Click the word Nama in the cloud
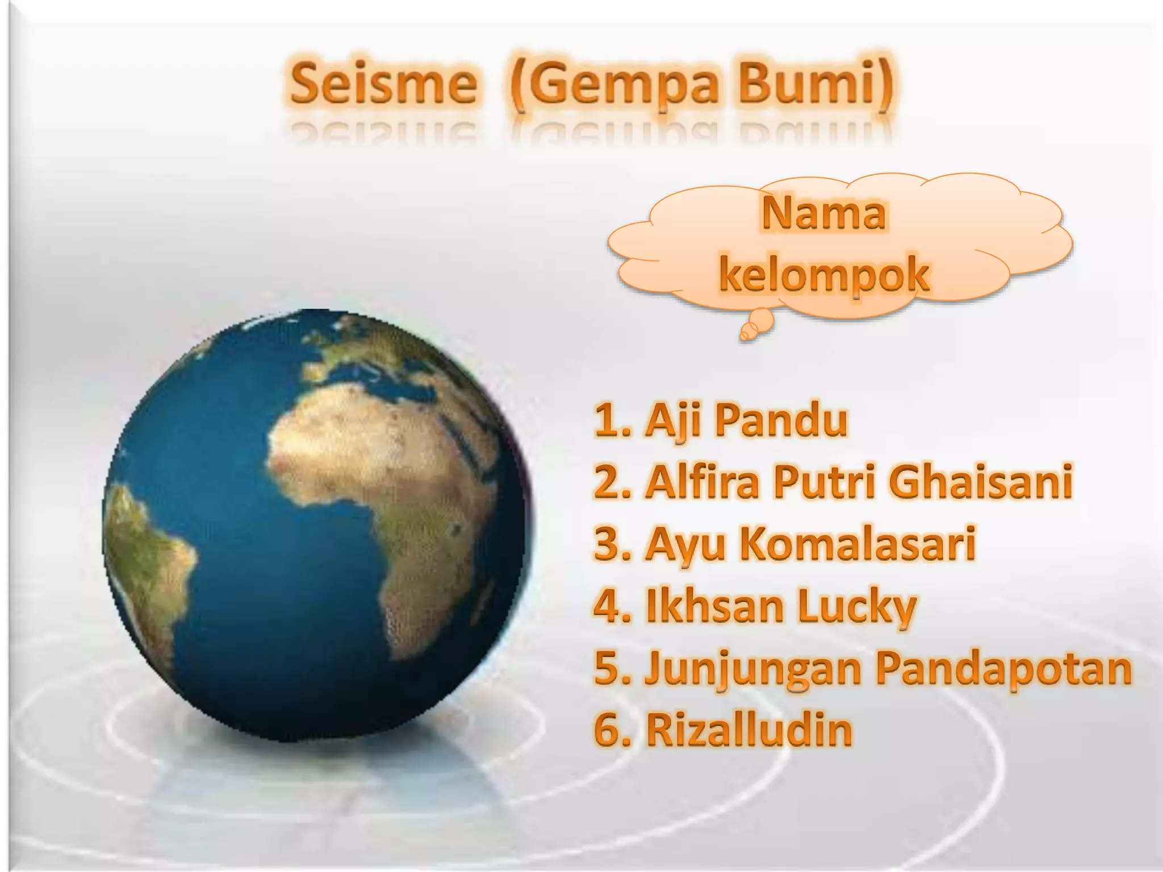823,214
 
